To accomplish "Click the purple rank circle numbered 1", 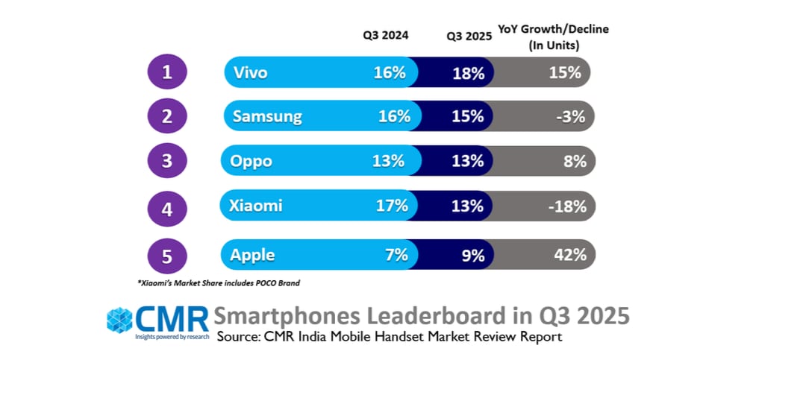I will (x=167, y=72).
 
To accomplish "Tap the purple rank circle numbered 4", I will (x=167, y=207).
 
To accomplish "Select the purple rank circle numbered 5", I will (x=167, y=256).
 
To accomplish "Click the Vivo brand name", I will (x=250, y=73).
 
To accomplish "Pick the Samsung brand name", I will (x=267, y=116).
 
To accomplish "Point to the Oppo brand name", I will (x=251, y=161).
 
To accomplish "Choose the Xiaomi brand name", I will (x=256, y=206).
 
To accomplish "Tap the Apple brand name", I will (x=252, y=255).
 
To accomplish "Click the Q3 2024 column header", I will (x=386, y=35).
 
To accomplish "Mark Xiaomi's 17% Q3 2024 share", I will (x=392, y=206).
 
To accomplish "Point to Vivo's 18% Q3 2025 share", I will (x=469, y=73).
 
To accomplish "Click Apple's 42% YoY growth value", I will (x=569, y=255).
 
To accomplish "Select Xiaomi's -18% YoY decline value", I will (x=566, y=206).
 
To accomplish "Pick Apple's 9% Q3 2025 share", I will (x=472, y=255).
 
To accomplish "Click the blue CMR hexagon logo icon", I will (x=119, y=320).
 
